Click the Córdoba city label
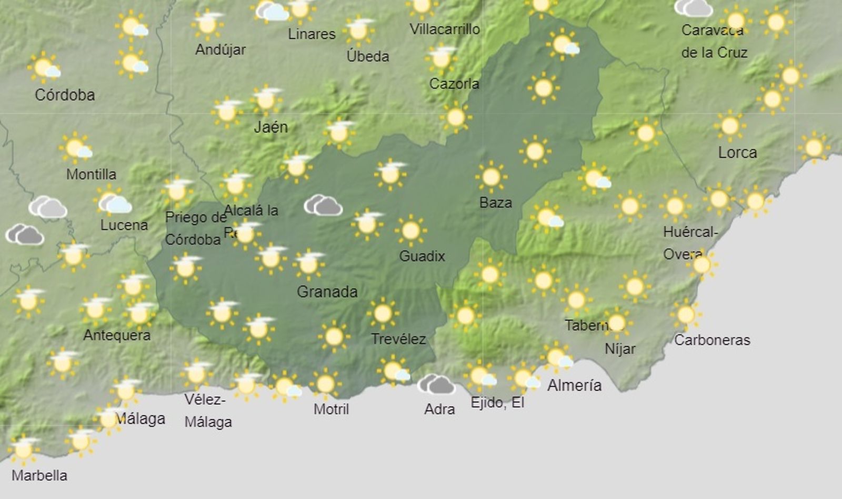(65, 95)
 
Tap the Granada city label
(327, 291)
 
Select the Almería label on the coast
(574, 385)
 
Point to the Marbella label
(39, 475)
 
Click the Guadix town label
(422, 256)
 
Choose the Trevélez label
(398, 339)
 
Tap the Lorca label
(737, 153)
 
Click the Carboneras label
(712, 340)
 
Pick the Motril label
(331, 409)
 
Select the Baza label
(496, 203)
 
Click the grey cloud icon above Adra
(436, 384)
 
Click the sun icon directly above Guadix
(411, 231)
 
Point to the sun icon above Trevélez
(383, 314)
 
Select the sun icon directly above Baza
(491, 177)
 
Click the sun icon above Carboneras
(686, 315)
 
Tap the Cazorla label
(454, 84)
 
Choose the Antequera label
(117, 335)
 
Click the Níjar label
(620, 348)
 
